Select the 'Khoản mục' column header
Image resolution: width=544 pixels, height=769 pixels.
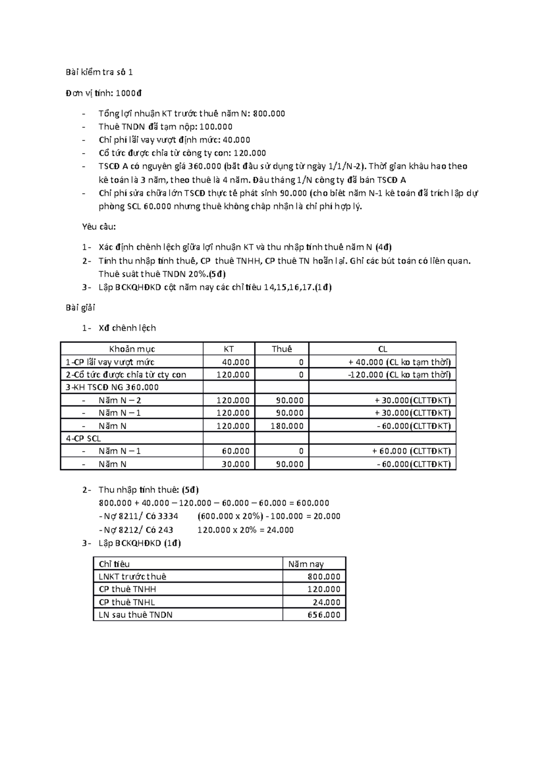[x=132, y=349]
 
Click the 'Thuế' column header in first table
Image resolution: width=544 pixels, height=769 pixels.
[x=282, y=349]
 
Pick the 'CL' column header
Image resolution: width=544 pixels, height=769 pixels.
[x=382, y=349]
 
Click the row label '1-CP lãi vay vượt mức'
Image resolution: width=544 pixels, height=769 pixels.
[x=110, y=362]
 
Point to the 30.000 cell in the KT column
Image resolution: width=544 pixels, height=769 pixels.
[x=235, y=464]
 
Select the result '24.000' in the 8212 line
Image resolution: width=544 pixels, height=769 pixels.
[x=280, y=530]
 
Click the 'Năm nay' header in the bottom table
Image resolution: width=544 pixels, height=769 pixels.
[x=306, y=564]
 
